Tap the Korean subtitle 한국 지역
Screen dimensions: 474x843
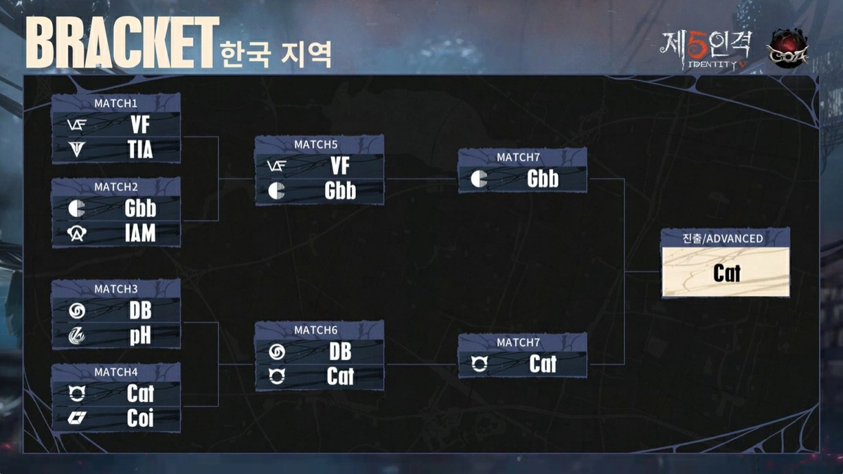click(276, 54)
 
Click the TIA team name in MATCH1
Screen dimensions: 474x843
click(139, 149)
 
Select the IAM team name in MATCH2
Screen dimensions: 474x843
click(140, 234)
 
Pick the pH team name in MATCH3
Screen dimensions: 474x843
click(140, 335)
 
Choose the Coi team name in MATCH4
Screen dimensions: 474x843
click(140, 418)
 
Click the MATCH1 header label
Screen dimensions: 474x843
click(115, 103)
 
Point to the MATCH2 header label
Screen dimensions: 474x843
click(115, 187)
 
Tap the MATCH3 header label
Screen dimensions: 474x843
click(115, 289)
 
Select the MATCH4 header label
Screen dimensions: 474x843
click(115, 372)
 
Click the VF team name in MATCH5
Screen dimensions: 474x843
click(340, 166)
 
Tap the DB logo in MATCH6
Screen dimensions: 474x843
click(277, 352)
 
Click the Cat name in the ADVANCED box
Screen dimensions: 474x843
click(726, 273)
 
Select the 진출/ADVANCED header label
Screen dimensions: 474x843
click(725, 238)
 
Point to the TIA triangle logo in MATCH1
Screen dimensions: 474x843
click(77, 149)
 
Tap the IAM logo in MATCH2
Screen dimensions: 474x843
click(77, 234)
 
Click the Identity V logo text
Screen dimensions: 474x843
click(706, 50)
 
